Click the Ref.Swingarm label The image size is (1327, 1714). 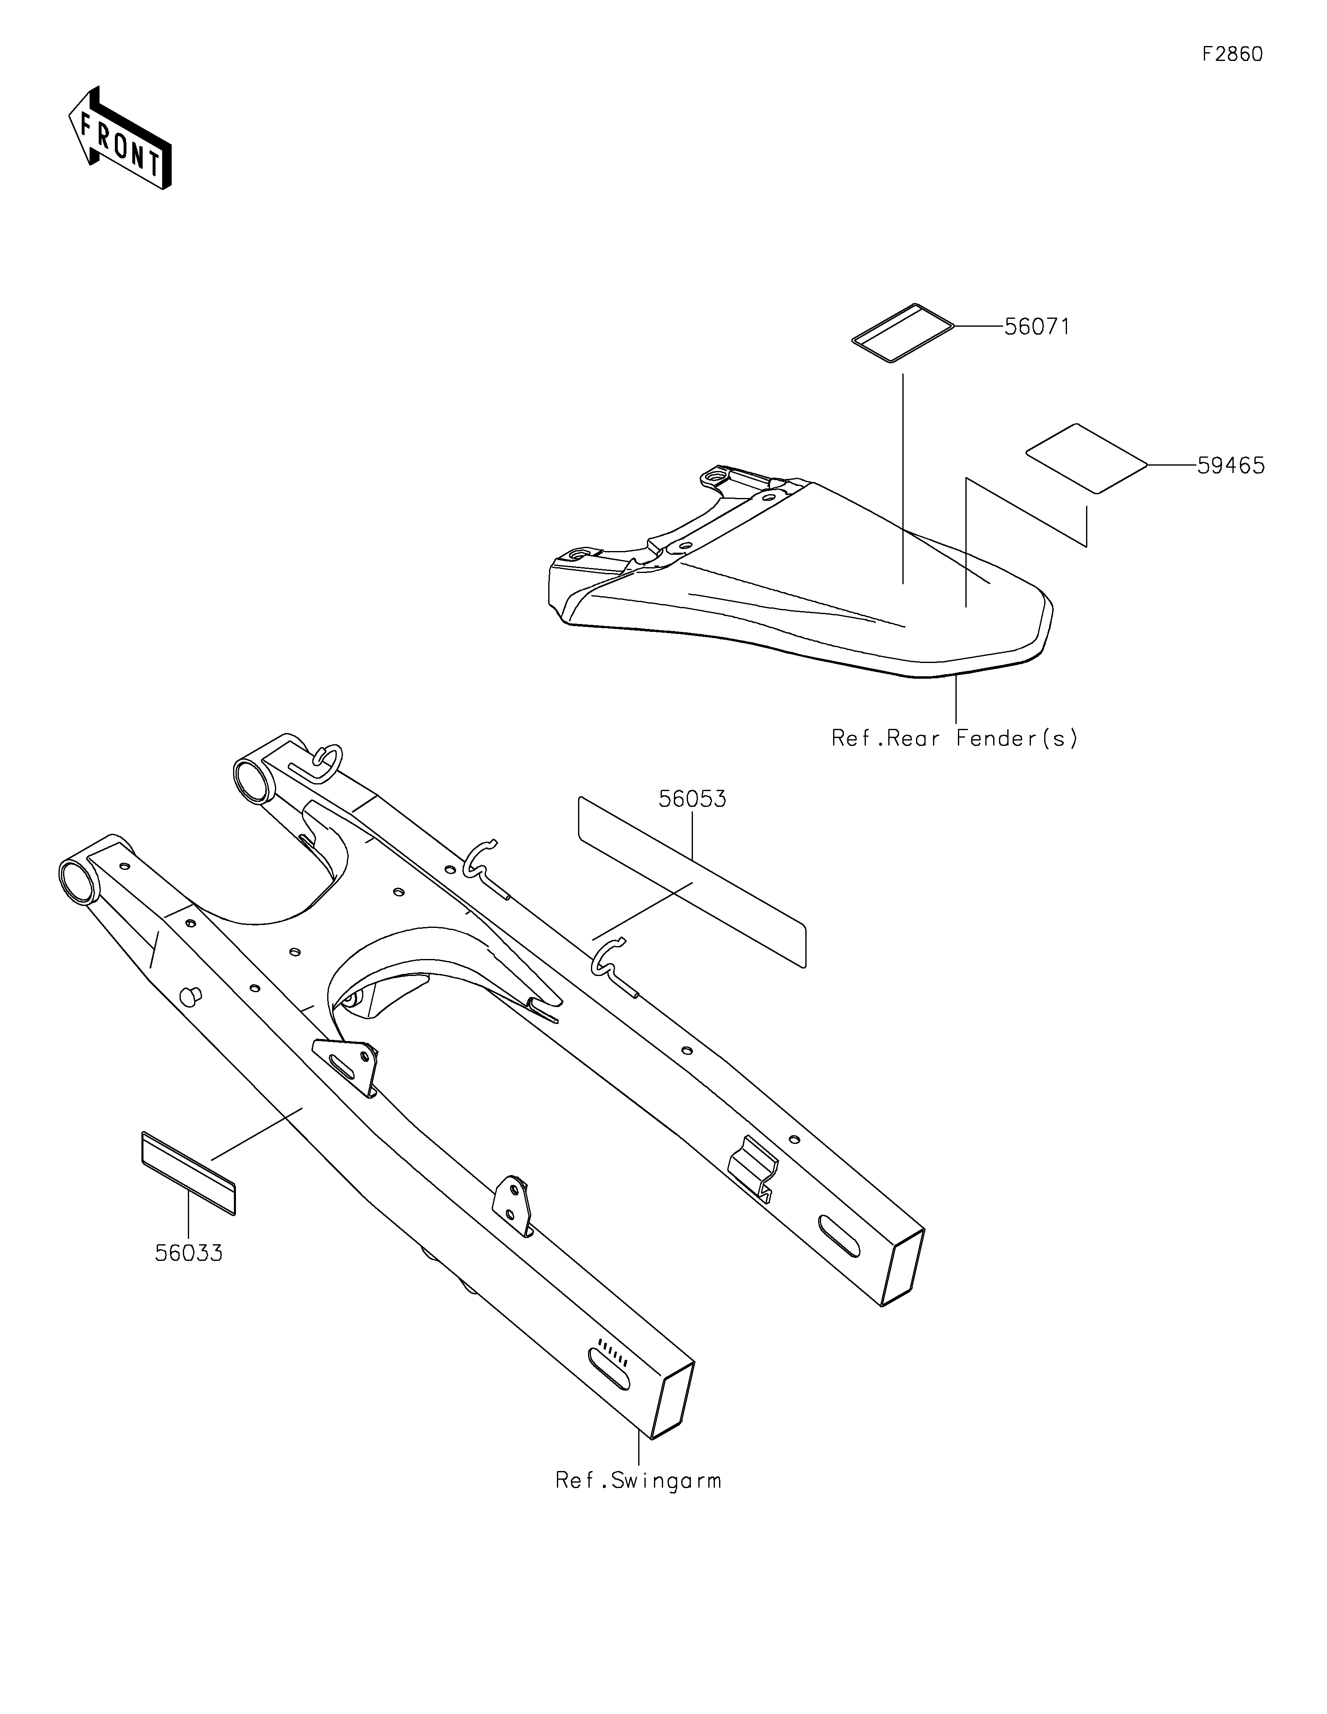click(x=638, y=1481)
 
